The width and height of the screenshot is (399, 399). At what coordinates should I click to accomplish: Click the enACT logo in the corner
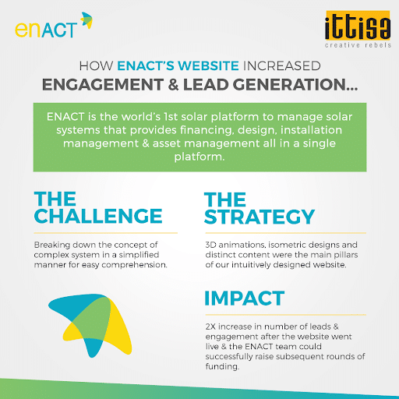pos(54,25)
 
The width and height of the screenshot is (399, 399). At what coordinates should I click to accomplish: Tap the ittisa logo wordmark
pos(358,25)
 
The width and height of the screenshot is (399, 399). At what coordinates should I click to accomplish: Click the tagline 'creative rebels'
pos(358,45)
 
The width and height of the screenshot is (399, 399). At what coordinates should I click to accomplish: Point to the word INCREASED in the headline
pos(281,65)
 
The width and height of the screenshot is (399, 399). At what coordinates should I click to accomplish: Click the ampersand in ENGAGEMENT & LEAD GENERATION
pos(173,85)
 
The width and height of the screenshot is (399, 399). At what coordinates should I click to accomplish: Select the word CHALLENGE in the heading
pos(98,216)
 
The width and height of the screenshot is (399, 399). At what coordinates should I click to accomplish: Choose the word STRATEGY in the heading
pos(260,217)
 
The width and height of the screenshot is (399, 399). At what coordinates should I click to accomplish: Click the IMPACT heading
pos(245,298)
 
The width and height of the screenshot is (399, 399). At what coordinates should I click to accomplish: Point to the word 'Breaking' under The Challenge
pos(52,245)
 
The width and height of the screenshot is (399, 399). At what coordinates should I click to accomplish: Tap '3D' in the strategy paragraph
pos(210,245)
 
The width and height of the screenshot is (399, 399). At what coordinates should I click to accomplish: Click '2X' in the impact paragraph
pos(210,327)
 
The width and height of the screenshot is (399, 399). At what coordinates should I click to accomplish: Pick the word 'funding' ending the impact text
pos(221,366)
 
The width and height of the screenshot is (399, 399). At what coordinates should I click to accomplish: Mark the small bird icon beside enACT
pos(87,19)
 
